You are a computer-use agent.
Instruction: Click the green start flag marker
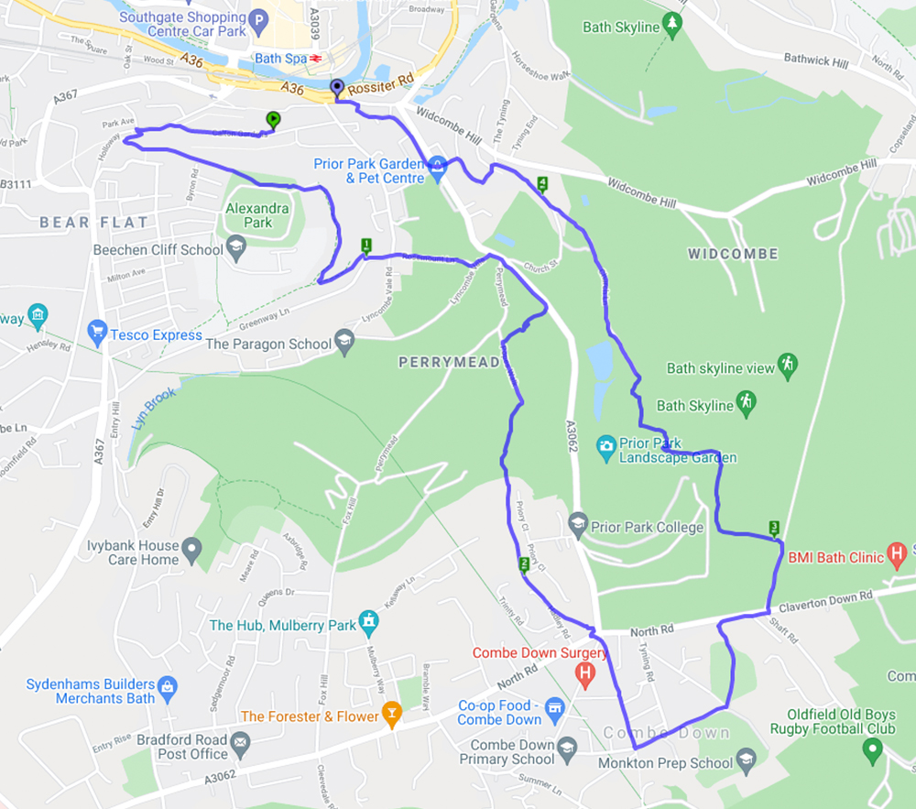(x=272, y=119)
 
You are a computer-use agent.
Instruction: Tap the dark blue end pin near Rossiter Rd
(x=336, y=87)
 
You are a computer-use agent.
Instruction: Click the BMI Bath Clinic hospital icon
(x=898, y=552)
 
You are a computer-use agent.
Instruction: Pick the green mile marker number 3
(x=775, y=528)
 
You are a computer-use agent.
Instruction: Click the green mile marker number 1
(x=366, y=245)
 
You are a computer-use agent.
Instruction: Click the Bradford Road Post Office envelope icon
(x=241, y=742)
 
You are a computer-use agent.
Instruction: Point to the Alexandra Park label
(x=257, y=215)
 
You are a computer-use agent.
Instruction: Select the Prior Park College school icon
(x=577, y=523)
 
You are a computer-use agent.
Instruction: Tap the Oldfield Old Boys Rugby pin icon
(x=872, y=750)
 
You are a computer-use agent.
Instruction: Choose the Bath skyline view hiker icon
(x=787, y=364)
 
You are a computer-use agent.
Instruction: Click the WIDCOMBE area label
(x=733, y=254)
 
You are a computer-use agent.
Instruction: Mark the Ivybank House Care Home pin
(x=191, y=550)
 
